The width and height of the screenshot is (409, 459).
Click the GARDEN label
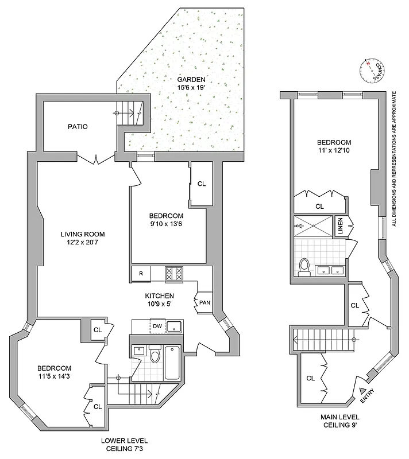point(191,80)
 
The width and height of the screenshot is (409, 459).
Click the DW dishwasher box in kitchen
point(157,326)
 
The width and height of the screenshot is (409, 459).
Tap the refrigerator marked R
point(141,274)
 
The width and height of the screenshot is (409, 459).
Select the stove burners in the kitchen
point(173,274)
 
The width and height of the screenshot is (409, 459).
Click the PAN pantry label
point(204,303)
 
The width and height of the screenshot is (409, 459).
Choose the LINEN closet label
point(340,225)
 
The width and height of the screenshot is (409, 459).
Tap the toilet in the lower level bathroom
point(154,356)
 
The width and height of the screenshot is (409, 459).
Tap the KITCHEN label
point(159,296)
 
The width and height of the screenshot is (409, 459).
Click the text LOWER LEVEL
point(124,441)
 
